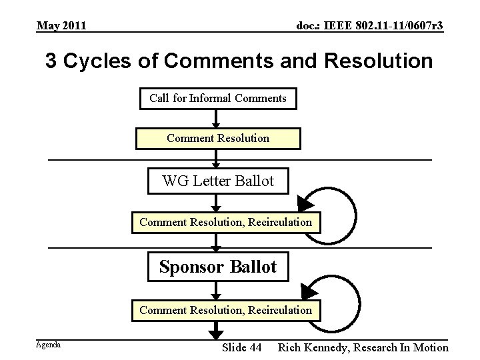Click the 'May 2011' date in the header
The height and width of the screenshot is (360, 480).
coord(61,26)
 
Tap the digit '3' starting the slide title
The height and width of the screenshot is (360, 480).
coord(51,62)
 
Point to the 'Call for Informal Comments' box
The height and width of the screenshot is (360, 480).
coord(218,99)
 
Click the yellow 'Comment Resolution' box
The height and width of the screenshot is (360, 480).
coord(218,139)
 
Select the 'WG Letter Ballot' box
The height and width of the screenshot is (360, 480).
coord(219,180)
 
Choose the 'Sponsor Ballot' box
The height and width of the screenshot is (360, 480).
coord(218,267)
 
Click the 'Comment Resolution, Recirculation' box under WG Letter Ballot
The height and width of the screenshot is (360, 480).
coord(225,222)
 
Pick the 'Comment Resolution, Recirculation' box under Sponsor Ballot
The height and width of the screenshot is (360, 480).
coord(225,309)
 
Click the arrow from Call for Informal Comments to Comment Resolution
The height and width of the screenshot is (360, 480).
coord(216,119)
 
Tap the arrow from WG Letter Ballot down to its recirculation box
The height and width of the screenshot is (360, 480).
coord(216,203)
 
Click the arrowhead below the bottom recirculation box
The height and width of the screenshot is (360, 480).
coord(216,329)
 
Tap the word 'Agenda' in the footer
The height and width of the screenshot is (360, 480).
coord(48,345)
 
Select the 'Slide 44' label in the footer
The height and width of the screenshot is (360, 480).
coord(241,347)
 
